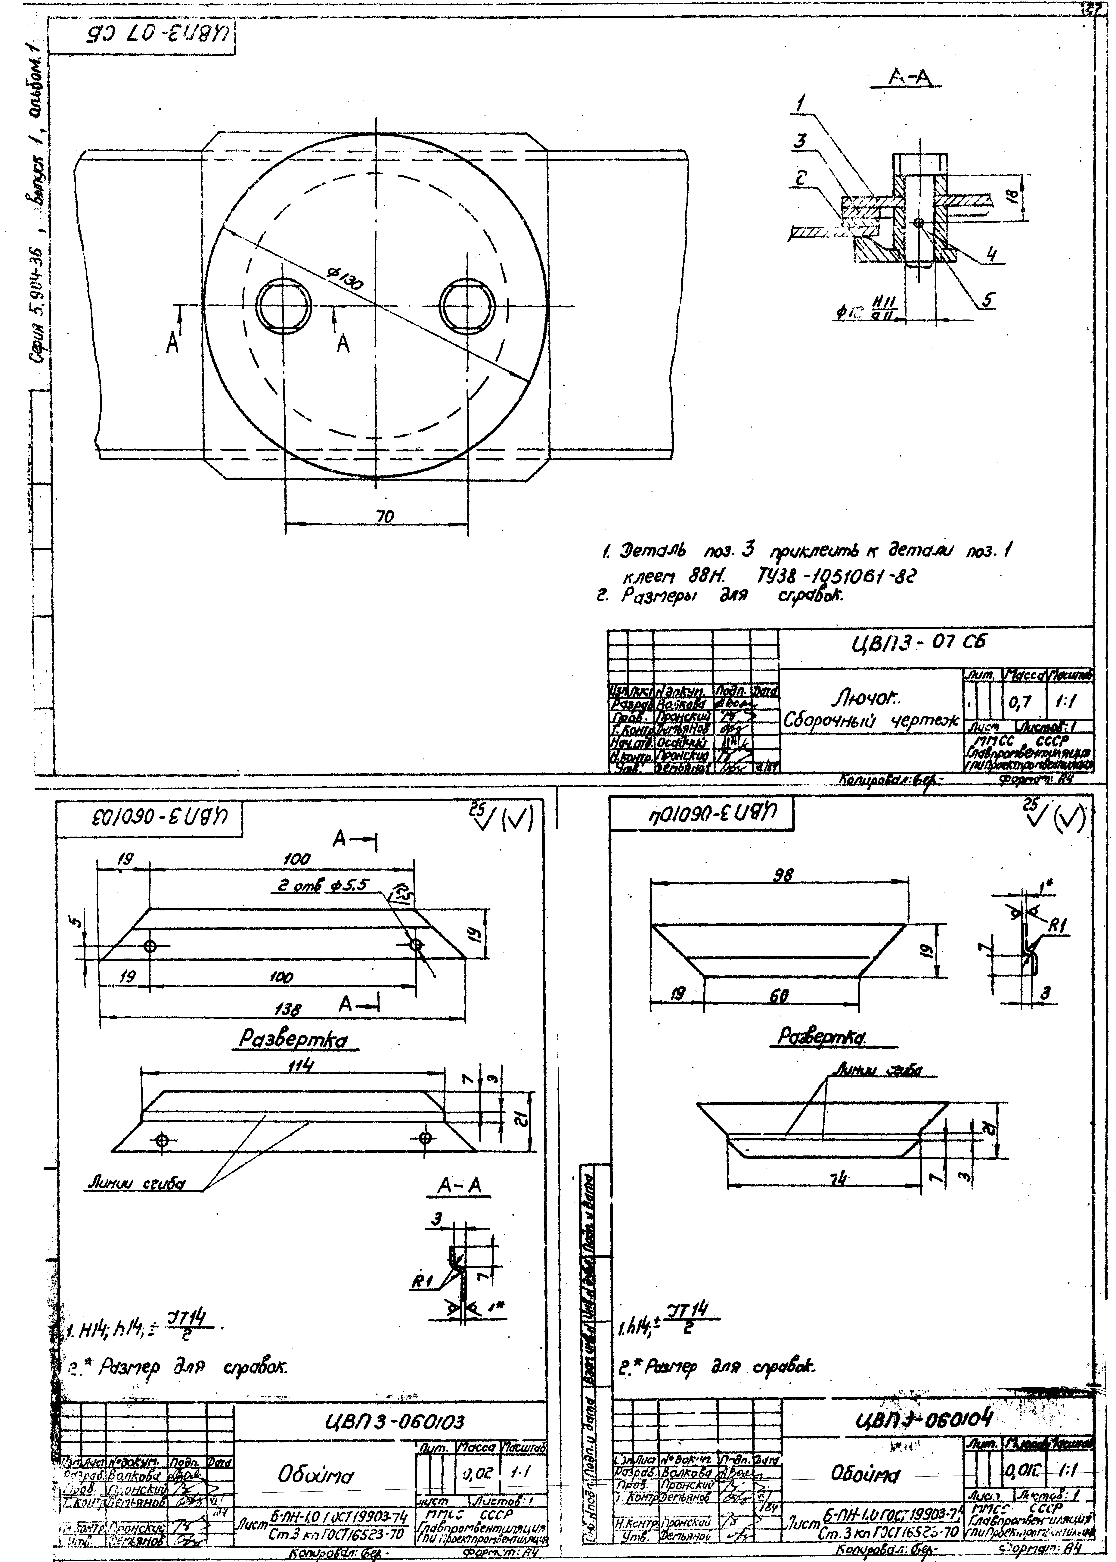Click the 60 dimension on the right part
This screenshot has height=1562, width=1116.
tap(779, 995)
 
